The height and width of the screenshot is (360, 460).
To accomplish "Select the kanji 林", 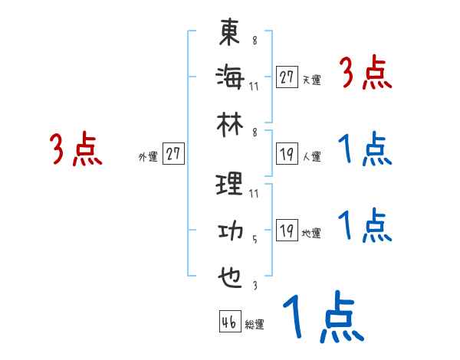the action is coord(230,120).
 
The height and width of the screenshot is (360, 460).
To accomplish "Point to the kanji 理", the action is coord(230,185).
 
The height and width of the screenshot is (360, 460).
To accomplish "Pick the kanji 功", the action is coord(230,231).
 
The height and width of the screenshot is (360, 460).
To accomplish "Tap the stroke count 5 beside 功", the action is coord(255,239).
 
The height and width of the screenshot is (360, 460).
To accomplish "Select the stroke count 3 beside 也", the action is coord(255,285).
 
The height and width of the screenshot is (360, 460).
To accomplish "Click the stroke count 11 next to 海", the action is coord(254,85).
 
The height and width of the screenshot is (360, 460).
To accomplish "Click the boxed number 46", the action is coord(229,322).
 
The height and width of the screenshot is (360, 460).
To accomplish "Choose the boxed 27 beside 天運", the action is coord(287,77).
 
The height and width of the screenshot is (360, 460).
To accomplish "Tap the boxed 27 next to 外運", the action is coord(173,155).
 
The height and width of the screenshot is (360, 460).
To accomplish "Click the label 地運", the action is coord(311,234).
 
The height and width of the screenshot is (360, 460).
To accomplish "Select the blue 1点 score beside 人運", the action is coord(365,151).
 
